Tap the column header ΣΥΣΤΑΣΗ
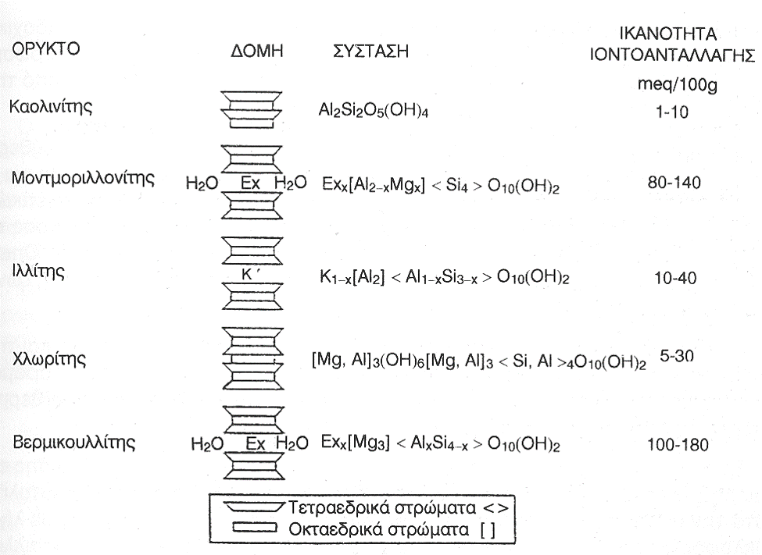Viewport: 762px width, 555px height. coord(368,51)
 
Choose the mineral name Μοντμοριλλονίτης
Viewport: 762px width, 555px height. coord(82,179)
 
